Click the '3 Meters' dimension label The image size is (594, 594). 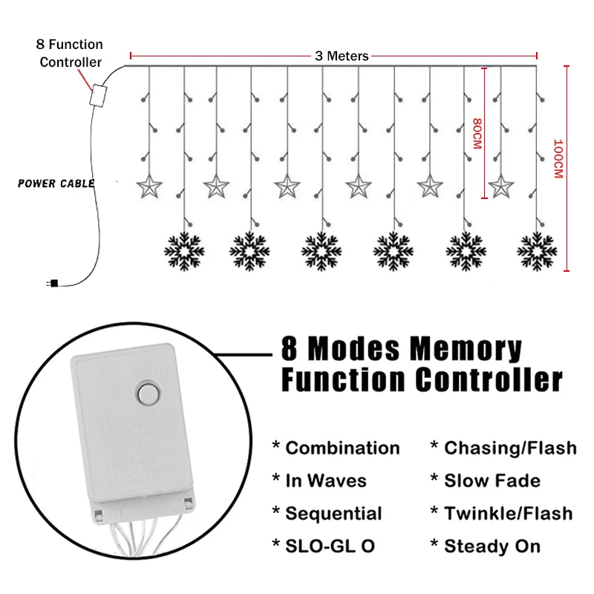coord(342,56)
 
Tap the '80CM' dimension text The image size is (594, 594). coord(476,134)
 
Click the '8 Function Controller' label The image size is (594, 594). coord(71,53)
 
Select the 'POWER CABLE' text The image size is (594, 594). coord(56,183)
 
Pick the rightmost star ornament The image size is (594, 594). coord(501,186)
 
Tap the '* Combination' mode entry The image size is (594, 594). coord(336,448)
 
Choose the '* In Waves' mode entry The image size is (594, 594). coord(319,481)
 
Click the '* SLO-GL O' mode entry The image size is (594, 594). coord(323,546)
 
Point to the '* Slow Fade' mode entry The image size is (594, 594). coord(485,481)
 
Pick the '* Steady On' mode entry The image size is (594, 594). coord(485,546)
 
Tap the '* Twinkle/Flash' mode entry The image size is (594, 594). coord(501,514)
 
